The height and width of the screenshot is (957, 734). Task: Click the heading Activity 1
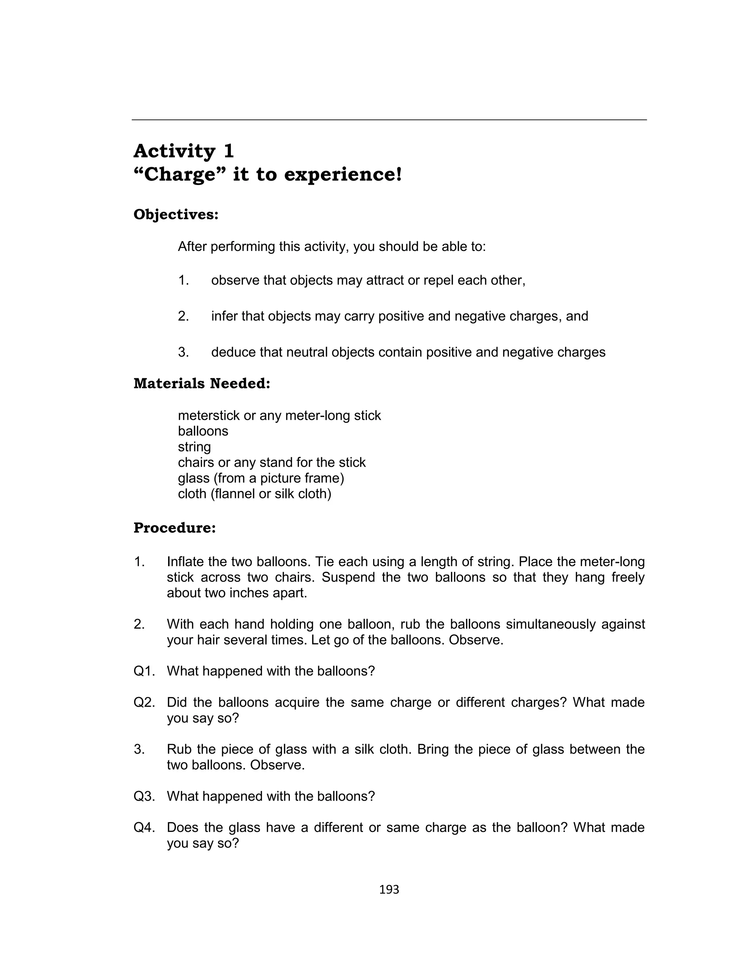tap(183, 151)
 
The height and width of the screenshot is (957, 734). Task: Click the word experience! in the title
tap(343, 175)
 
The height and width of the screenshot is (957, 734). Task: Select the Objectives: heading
tap(176, 214)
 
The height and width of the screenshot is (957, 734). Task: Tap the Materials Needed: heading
tap(202, 383)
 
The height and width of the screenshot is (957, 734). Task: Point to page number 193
tap(389, 890)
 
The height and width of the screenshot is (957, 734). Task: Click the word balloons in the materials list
tap(203, 431)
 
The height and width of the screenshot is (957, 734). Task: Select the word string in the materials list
tap(194, 447)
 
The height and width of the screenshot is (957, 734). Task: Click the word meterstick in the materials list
tap(209, 416)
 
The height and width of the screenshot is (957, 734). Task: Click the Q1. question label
tap(144, 671)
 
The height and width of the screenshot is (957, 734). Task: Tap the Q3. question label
tap(144, 796)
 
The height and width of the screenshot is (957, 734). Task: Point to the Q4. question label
tap(144, 828)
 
